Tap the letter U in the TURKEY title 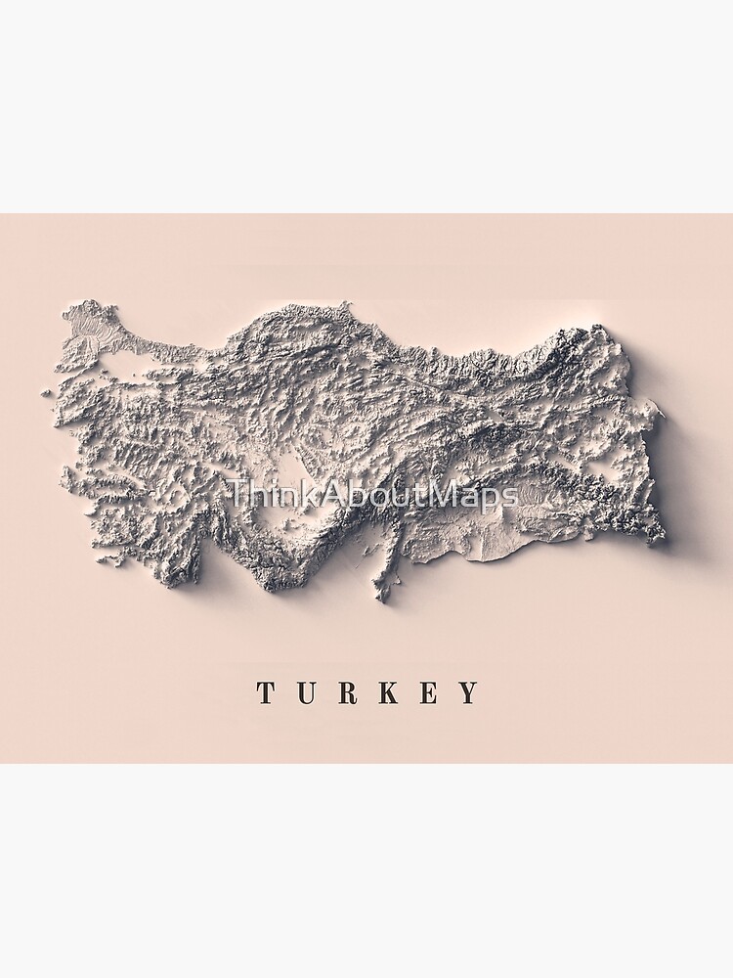[x=305, y=693]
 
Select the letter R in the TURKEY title [x=346, y=693]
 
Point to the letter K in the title [x=388, y=693]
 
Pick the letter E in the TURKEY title [x=429, y=693]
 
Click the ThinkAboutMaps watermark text [x=371, y=495]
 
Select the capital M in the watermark [x=446, y=495]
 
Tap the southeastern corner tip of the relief [x=664, y=537]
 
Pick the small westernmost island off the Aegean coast [x=46, y=392]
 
